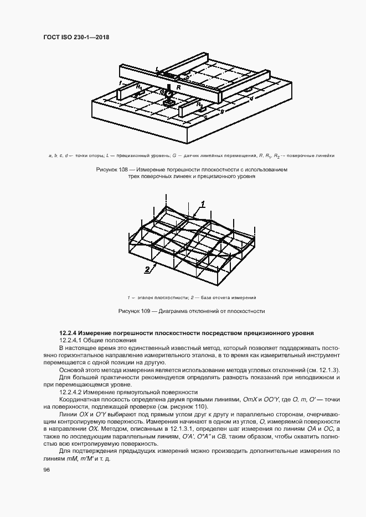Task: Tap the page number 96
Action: click(46, 469)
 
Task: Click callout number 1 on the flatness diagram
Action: click(203, 204)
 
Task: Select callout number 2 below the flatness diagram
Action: click(147, 270)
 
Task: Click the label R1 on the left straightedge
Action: click(140, 88)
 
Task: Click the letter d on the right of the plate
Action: click(252, 99)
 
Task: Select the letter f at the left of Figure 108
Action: click(120, 82)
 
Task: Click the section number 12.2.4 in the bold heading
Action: click(68, 333)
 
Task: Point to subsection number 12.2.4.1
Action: click(70, 341)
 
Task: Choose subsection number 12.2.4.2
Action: click(70, 391)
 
